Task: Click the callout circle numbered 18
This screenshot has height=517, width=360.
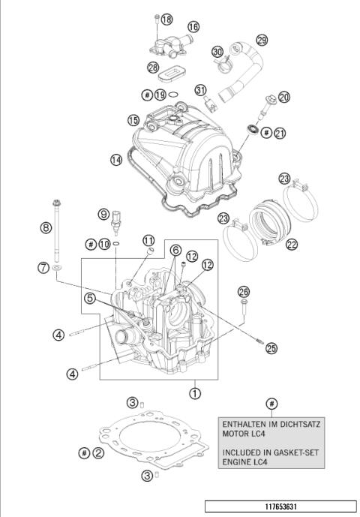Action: (166, 19)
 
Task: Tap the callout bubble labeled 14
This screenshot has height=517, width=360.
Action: (115, 160)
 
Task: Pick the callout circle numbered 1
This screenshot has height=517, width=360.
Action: (195, 392)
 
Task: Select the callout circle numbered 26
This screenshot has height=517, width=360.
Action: (243, 292)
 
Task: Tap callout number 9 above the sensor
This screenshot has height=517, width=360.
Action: (103, 214)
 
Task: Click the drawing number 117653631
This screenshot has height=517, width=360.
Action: (279, 506)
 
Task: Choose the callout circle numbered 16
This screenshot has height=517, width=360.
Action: (193, 26)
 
